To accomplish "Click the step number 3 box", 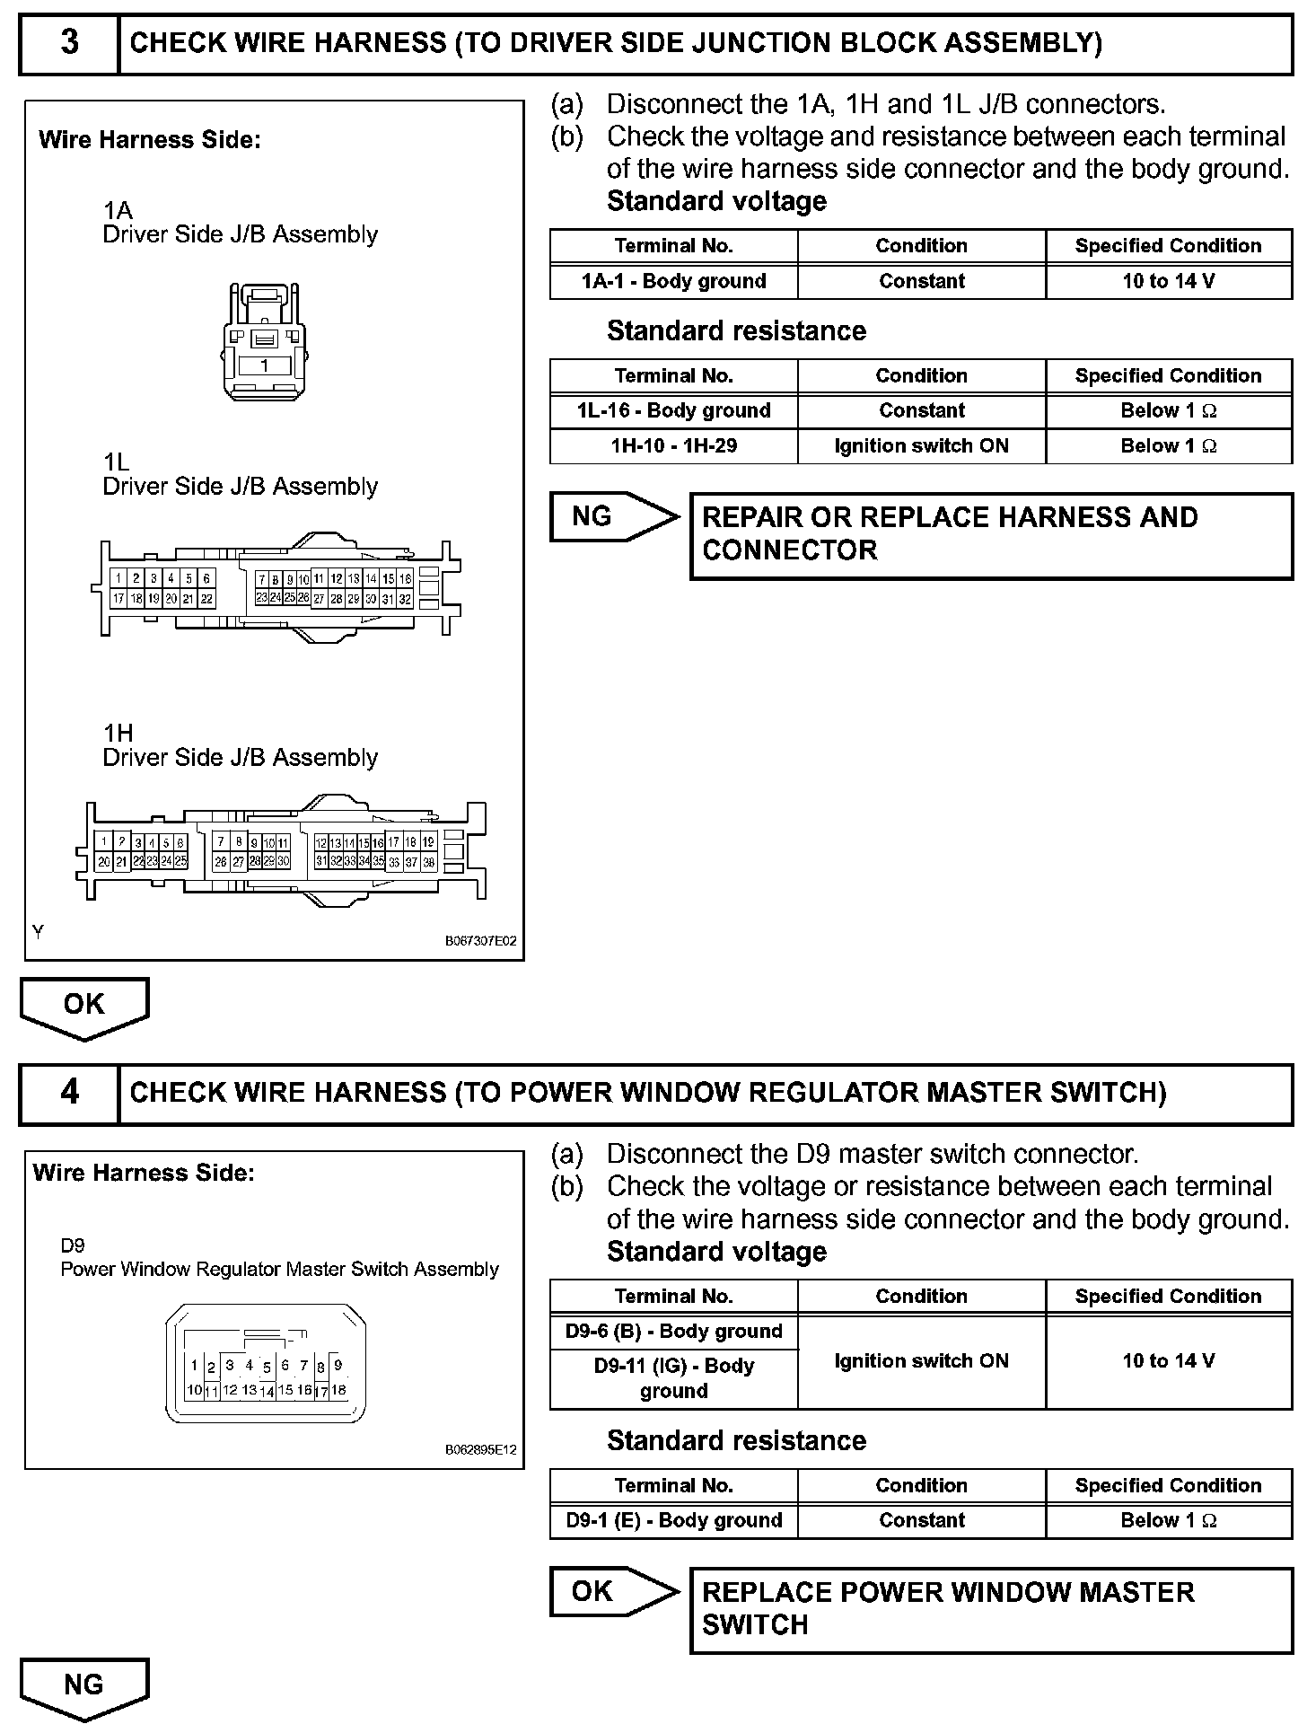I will tap(69, 43).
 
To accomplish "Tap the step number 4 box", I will tap(69, 1093).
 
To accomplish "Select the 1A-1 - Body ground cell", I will tap(673, 281).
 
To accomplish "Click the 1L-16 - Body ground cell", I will tap(673, 411).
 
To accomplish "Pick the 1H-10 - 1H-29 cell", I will tap(673, 446).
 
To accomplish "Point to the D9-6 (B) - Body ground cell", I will tap(673, 1332).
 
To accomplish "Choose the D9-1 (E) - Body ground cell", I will tap(673, 1521).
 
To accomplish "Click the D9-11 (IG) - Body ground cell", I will tap(673, 1378).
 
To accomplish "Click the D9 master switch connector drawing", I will tap(266, 1364).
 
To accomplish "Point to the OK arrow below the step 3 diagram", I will tap(84, 1006).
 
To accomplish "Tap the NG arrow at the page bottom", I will tap(84, 1686).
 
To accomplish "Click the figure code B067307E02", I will tap(480, 942).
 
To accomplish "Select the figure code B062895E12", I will tap(480, 1449).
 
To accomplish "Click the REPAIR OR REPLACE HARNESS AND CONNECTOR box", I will tap(991, 535).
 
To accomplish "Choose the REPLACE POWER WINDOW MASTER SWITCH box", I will tap(991, 1609).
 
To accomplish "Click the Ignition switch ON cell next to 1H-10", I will tap(921, 446).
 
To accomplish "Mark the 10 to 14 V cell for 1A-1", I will tap(1168, 281).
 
